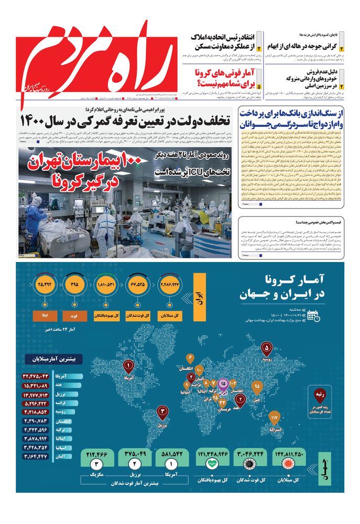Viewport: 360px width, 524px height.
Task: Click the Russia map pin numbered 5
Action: pyautogui.click(x=267, y=347)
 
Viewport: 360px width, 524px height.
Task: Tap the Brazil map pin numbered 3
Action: pyautogui.click(x=163, y=412)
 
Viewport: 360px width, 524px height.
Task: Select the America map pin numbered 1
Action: pyautogui.click(x=129, y=365)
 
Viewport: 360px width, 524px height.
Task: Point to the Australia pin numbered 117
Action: pyautogui.click(x=274, y=418)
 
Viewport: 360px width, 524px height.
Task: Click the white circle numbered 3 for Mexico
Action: pyautogui.click(x=95, y=464)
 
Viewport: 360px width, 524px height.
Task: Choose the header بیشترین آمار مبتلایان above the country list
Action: pyautogui.click(x=53, y=361)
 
